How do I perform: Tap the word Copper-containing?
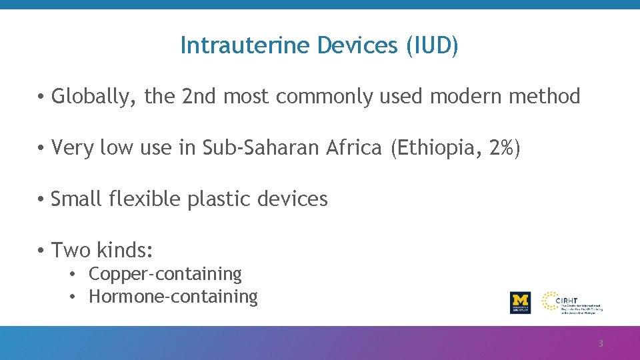coord(165,274)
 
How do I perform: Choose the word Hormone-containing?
coord(173,297)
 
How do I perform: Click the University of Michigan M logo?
coord(520,302)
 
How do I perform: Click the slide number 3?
coord(600,344)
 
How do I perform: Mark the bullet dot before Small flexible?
coord(41,199)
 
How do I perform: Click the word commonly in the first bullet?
coord(325,97)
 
